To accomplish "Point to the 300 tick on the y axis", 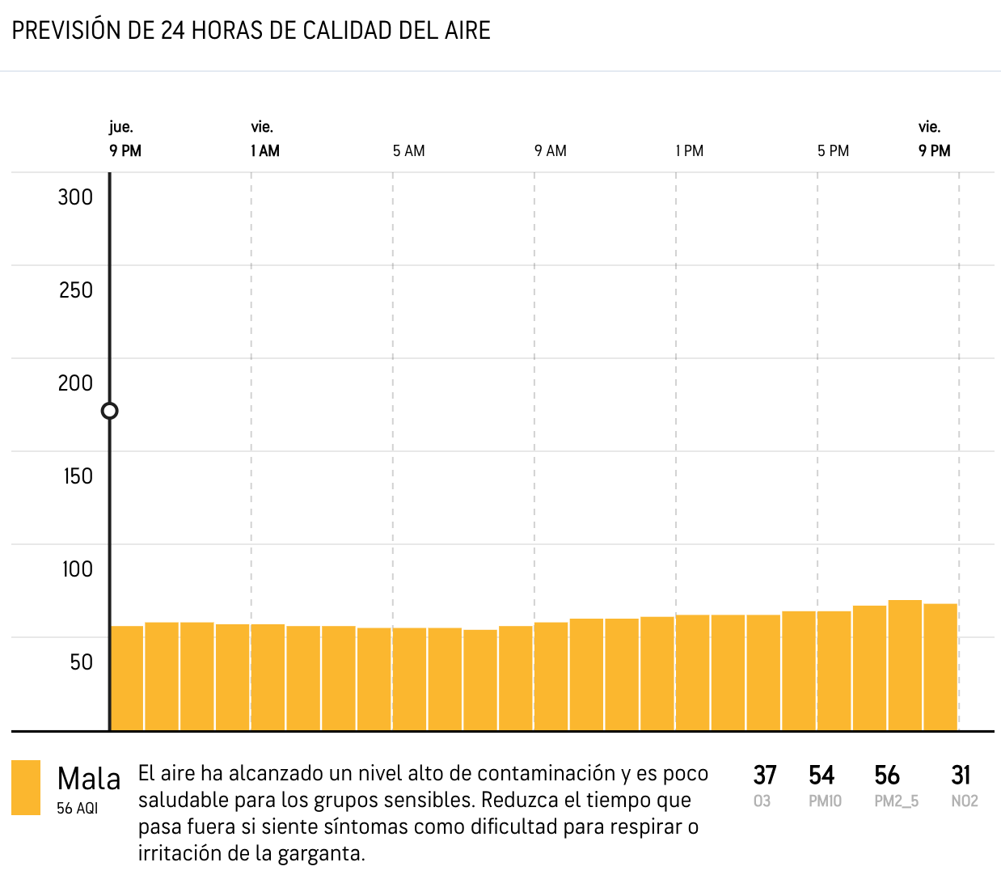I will click(75, 197).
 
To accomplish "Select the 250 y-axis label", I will click(75, 290).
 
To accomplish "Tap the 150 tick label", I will click(78, 476).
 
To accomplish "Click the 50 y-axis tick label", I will click(81, 662).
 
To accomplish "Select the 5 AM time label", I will click(408, 151).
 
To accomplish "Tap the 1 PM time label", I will click(690, 151).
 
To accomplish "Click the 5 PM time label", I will click(833, 151).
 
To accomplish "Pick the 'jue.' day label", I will click(121, 127).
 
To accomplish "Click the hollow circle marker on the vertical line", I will click(110, 411).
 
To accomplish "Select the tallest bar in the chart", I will click(905, 665).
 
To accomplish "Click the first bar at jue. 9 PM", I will click(127, 678).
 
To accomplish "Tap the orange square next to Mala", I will click(26, 787).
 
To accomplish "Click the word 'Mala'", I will click(89, 780).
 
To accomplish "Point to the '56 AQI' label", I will click(77, 808).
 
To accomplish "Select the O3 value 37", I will click(765, 776).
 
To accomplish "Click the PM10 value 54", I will click(821, 776).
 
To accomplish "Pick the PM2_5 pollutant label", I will click(896, 801).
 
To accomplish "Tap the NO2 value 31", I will click(961, 776).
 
